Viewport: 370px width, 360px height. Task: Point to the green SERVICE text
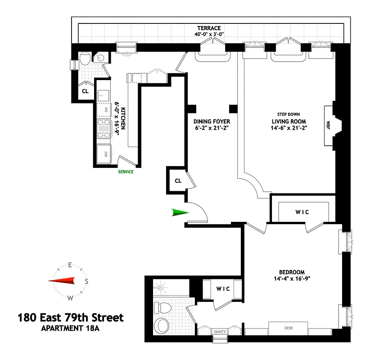click(x=126, y=171)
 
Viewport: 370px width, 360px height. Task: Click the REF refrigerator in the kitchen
click(x=104, y=153)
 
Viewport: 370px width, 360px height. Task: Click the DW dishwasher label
click(x=105, y=109)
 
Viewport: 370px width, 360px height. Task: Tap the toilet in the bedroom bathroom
click(x=162, y=308)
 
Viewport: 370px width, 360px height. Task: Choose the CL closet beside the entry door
click(x=178, y=180)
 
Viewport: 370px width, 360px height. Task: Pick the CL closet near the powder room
click(x=85, y=91)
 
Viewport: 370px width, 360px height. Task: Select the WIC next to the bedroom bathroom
click(x=223, y=288)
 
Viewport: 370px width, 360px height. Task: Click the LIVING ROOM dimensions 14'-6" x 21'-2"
click(x=289, y=129)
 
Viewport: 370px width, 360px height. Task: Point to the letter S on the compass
click(x=87, y=281)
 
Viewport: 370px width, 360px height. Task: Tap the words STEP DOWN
click(x=289, y=114)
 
